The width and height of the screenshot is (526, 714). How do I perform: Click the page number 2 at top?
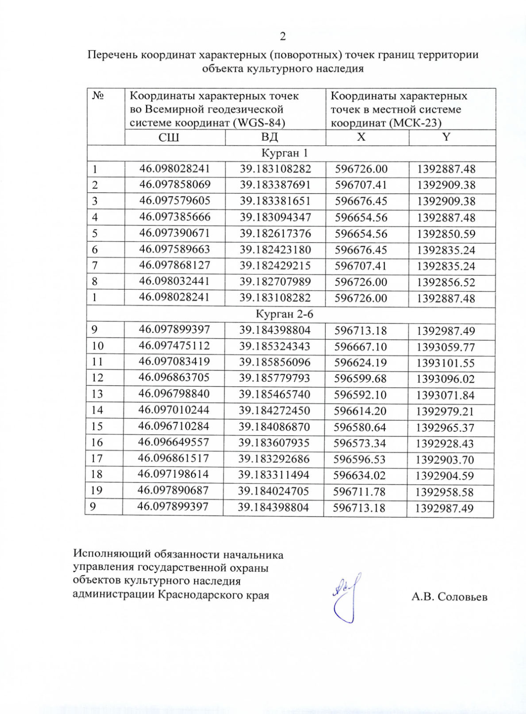283,36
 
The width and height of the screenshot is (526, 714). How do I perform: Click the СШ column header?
169,138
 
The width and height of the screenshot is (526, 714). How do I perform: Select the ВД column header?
270,137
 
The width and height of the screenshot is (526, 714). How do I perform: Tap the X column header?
361,137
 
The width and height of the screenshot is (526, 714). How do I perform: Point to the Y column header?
446,137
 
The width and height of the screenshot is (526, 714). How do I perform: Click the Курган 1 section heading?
284,153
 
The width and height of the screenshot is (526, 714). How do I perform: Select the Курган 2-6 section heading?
284,314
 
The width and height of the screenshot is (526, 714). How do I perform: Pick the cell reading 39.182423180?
275,250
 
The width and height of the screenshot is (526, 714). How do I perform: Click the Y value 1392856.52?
446,282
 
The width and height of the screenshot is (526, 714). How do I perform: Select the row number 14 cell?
97,410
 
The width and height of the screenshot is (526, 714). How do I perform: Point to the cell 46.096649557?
174,442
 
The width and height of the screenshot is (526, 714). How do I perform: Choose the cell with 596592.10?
360,394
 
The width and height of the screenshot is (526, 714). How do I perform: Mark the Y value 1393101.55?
445,363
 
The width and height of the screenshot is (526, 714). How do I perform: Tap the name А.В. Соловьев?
449,597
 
